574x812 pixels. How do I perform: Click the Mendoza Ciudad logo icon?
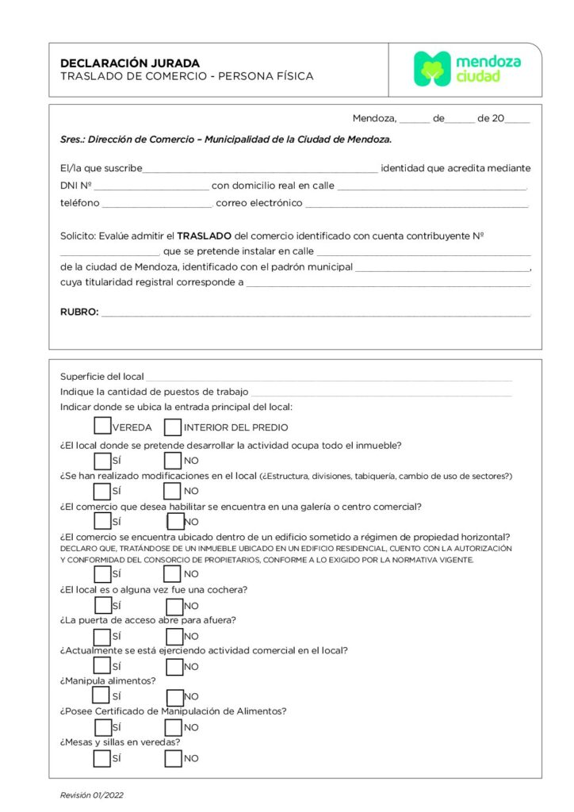click(x=432, y=69)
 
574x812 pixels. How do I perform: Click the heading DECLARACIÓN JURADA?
click(x=130, y=63)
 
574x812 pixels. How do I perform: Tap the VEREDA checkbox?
click(x=102, y=427)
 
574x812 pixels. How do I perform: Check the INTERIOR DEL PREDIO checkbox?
click(x=173, y=427)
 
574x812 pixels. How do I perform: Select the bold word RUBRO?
click(x=79, y=312)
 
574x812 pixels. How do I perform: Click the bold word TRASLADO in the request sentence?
click(x=204, y=236)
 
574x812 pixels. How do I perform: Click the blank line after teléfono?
click(x=157, y=204)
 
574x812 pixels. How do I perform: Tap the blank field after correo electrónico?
click(x=416, y=204)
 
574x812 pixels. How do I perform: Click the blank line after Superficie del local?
click(x=328, y=377)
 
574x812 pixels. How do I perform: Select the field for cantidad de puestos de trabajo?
click(x=381, y=393)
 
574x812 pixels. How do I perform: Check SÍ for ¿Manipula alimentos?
click(x=101, y=695)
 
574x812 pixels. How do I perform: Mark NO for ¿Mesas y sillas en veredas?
click(x=173, y=758)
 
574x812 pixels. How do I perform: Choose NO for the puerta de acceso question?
click(x=174, y=636)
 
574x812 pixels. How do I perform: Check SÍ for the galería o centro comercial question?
click(x=102, y=521)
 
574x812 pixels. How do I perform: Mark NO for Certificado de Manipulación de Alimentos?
click(x=174, y=727)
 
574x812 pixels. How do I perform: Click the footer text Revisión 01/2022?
click(x=91, y=795)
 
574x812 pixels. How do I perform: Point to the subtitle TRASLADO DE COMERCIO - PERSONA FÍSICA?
click(x=187, y=77)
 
